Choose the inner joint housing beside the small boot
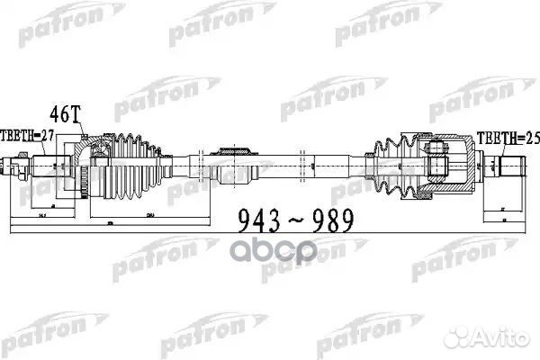point(445,163)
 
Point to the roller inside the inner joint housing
point(439,162)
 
